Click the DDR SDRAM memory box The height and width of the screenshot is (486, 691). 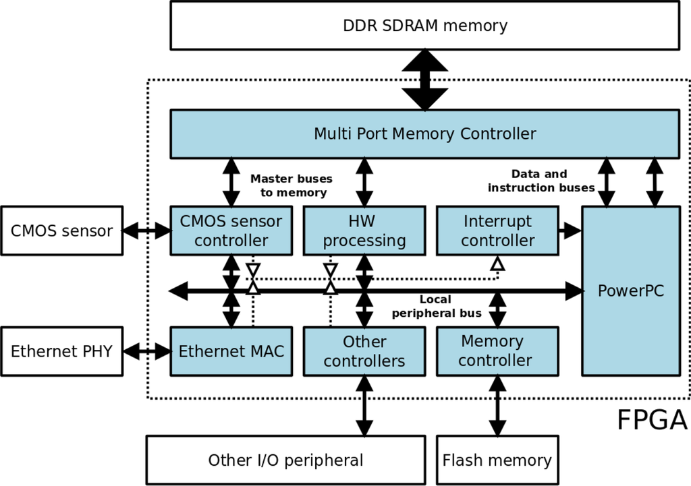pyautogui.click(x=425, y=26)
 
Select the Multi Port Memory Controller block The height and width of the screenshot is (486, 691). pyautogui.click(x=425, y=134)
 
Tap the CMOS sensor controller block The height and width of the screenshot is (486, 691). pyautogui.click(x=231, y=231)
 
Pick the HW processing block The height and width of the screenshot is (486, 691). pyautogui.click(x=364, y=231)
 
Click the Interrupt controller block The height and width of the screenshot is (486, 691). pyautogui.click(x=497, y=231)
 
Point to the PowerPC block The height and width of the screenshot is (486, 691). pyautogui.click(x=631, y=291)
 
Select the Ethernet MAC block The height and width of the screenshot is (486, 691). pyautogui.click(x=231, y=351)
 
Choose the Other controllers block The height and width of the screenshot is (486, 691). pyautogui.click(x=364, y=351)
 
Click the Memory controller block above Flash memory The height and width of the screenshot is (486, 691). pyautogui.click(x=497, y=351)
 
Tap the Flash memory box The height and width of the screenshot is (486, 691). pyautogui.click(x=497, y=460)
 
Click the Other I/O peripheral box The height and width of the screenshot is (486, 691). pyautogui.click(x=286, y=460)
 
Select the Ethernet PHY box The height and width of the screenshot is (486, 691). pyautogui.click(x=61, y=351)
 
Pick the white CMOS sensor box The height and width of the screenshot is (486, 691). pyautogui.click(x=61, y=231)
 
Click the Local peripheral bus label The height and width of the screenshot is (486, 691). pyautogui.click(x=437, y=307)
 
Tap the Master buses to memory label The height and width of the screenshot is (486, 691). pyautogui.click(x=292, y=185)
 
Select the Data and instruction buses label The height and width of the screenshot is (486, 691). pyautogui.click(x=541, y=181)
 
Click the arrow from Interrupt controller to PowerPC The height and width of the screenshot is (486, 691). pyautogui.click(x=570, y=230)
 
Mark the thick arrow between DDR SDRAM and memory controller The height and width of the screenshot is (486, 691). pyautogui.click(x=425, y=80)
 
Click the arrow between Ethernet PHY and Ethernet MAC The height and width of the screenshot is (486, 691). pyautogui.click(x=146, y=351)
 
